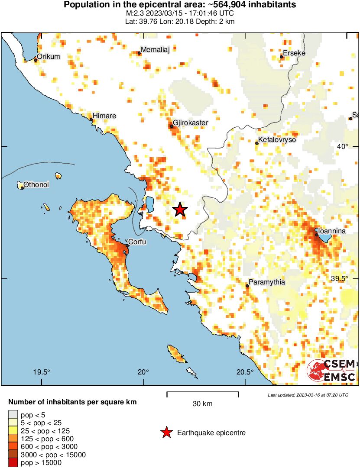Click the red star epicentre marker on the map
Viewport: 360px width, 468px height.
pos(180,210)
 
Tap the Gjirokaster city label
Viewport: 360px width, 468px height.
pos(191,123)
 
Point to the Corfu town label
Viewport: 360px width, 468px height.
pos(137,242)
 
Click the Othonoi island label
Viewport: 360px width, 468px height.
pos(36,185)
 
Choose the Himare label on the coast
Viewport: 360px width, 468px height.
pos(104,116)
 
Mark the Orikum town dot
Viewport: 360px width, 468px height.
pos(36,60)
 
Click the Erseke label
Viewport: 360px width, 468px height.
pos(295,53)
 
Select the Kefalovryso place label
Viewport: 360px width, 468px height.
pos(277,140)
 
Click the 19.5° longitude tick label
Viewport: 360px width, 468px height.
pos(42,372)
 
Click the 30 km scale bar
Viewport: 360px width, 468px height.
pos(202,394)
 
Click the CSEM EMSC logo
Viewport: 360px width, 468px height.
pos(331,371)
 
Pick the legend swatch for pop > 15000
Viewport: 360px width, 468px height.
pos(13,462)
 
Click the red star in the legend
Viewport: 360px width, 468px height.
pos(166,432)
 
